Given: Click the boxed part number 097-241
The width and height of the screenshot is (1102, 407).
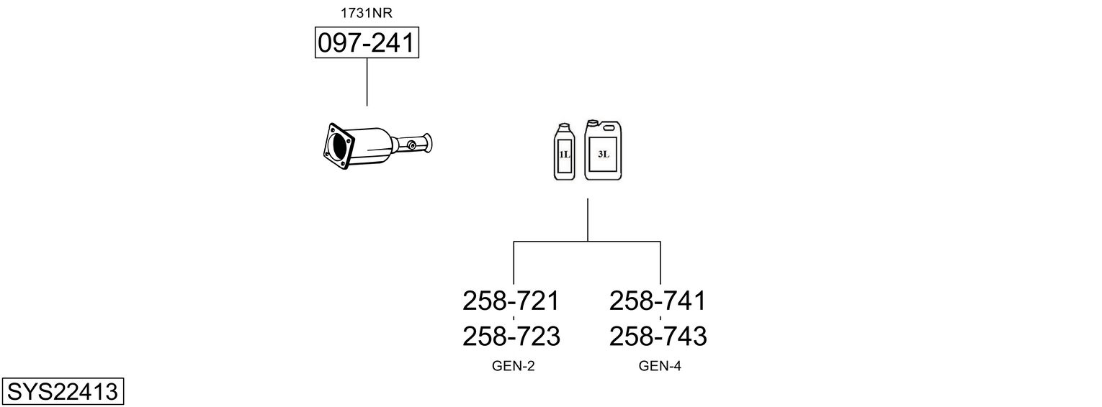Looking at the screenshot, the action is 367,42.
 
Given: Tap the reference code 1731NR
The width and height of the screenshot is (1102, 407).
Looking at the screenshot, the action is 367,13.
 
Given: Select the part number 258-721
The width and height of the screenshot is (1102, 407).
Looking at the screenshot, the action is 511,301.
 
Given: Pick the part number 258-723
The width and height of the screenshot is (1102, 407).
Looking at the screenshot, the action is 511,337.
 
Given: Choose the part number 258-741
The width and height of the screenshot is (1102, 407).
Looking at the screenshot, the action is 658,301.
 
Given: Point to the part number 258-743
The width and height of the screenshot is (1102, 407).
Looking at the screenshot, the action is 658,337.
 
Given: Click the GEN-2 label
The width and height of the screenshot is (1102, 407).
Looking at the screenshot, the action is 513,366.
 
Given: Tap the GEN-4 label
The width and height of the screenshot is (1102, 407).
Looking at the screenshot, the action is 660,366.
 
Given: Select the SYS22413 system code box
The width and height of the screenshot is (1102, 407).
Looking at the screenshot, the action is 63,391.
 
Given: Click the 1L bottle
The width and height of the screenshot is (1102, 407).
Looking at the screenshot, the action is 564,151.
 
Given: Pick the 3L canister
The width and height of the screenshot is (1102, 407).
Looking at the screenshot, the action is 603,150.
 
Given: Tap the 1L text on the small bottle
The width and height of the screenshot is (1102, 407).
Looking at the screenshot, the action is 564,155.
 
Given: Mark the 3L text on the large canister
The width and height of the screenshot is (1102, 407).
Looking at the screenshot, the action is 604,154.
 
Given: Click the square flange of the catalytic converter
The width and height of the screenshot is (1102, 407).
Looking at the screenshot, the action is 339,146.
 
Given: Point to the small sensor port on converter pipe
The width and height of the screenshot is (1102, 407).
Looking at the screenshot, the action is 411,145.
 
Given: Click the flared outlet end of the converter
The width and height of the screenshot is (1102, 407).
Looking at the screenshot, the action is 428,143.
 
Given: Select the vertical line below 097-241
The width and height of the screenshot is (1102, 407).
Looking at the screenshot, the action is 367,82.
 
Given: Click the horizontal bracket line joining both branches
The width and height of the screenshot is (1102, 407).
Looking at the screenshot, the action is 587,242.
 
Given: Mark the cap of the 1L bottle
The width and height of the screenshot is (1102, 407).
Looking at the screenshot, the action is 564,125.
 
